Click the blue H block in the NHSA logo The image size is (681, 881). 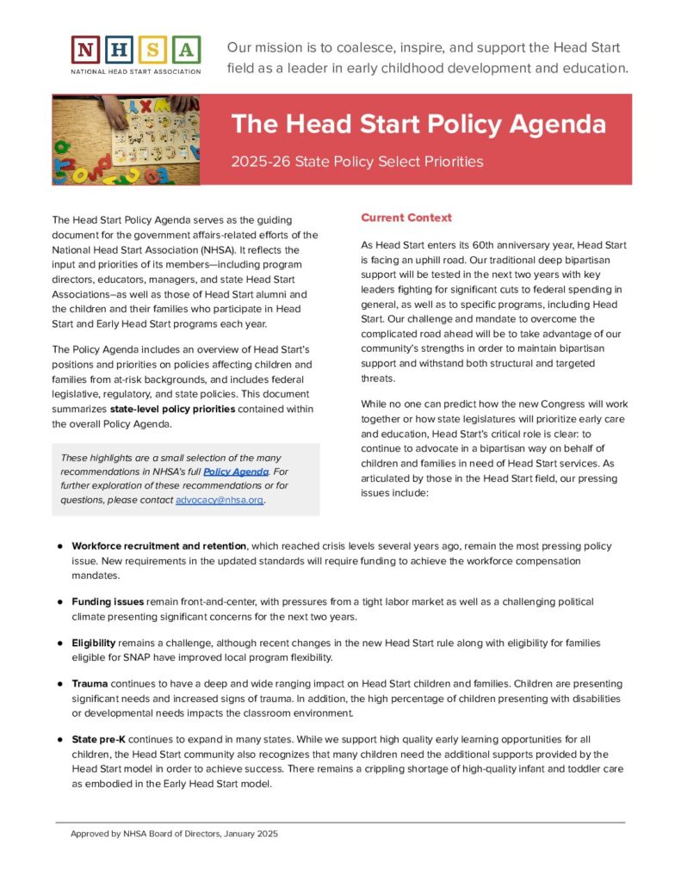pyautogui.click(x=120, y=50)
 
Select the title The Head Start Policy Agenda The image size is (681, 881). pyautogui.click(x=418, y=124)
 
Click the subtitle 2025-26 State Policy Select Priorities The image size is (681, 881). pyautogui.click(x=357, y=162)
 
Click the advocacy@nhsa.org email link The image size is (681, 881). pyautogui.click(x=220, y=500)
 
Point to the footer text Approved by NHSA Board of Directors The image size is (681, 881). pyautogui.click(x=174, y=834)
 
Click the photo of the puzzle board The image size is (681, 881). pyautogui.click(x=126, y=139)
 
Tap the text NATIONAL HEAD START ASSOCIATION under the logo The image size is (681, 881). pyautogui.click(x=136, y=71)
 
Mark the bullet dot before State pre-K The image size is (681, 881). pyautogui.click(x=60, y=740)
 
